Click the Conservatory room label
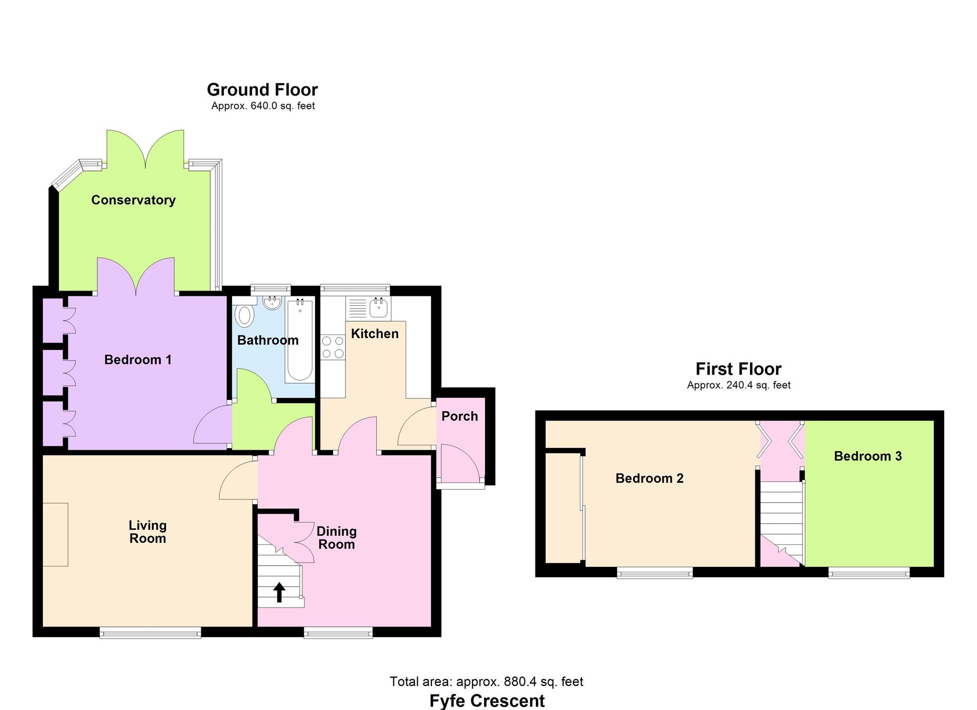click(x=133, y=200)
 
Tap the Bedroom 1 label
click(x=138, y=360)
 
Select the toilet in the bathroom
click(x=245, y=315)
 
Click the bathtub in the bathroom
click(x=300, y=340)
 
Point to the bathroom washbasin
click(x=272, y=303)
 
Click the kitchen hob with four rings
click(x=333, y=347)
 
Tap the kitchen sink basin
click(x=379, y=308)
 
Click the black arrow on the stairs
click(x=279, y=592)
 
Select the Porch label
click(x=460, y=416)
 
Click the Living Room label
click(x=148, y=532)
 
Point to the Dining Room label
click(x=337, y=538)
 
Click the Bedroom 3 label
click(x=868, y=456)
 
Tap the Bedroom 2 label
click(x=649, y=478)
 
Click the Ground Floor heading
click(x=262, y=89)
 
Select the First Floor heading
click(x=739, y=369)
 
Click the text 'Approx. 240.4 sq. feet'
click(x=739, y=385)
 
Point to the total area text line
click(x=487, y=681)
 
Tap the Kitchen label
click(x=375, y=334)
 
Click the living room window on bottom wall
click(x=150, y=632)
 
